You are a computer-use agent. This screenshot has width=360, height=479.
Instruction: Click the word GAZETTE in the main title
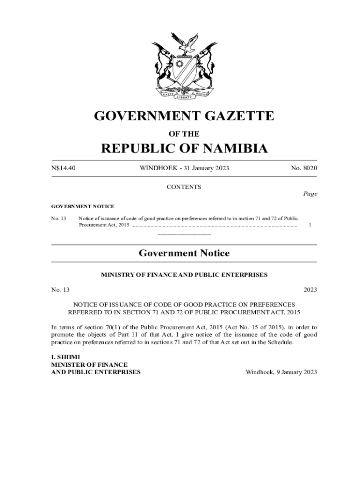pyautogui.click(x=238, y=116)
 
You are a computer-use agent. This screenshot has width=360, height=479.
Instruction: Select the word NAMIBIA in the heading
pyautogui.click(x=230, y=149)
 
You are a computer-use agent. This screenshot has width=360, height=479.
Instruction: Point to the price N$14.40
pyautogui.click(x=63, y=168)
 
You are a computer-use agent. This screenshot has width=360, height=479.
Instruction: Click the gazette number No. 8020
pyautogui.click(x=304, y=168)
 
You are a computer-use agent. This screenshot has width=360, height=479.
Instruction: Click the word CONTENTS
pyautogui.click(x=184, y=187)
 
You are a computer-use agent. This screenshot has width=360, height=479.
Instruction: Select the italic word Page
pyautogui.click(x=310, y=194)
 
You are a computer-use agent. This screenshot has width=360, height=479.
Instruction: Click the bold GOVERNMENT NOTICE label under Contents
pyautogui.click(x=83, y=206)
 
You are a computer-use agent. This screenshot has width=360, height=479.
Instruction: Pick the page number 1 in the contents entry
pyautogui.click(x=310, y=225)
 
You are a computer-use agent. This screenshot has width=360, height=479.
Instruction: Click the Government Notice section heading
pyautogui.click(x=184, y=254)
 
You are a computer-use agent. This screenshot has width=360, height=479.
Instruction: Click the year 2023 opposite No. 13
pyautogui.click(x=310, y=290)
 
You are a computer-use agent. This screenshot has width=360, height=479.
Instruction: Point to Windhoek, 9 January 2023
pyautogui.click(x=281, y=372)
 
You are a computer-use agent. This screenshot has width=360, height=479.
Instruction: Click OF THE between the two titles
pyautogui.click(x=184, y=134)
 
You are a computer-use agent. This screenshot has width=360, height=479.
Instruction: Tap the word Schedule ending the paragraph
pyautogui.click(x=280, y=342)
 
